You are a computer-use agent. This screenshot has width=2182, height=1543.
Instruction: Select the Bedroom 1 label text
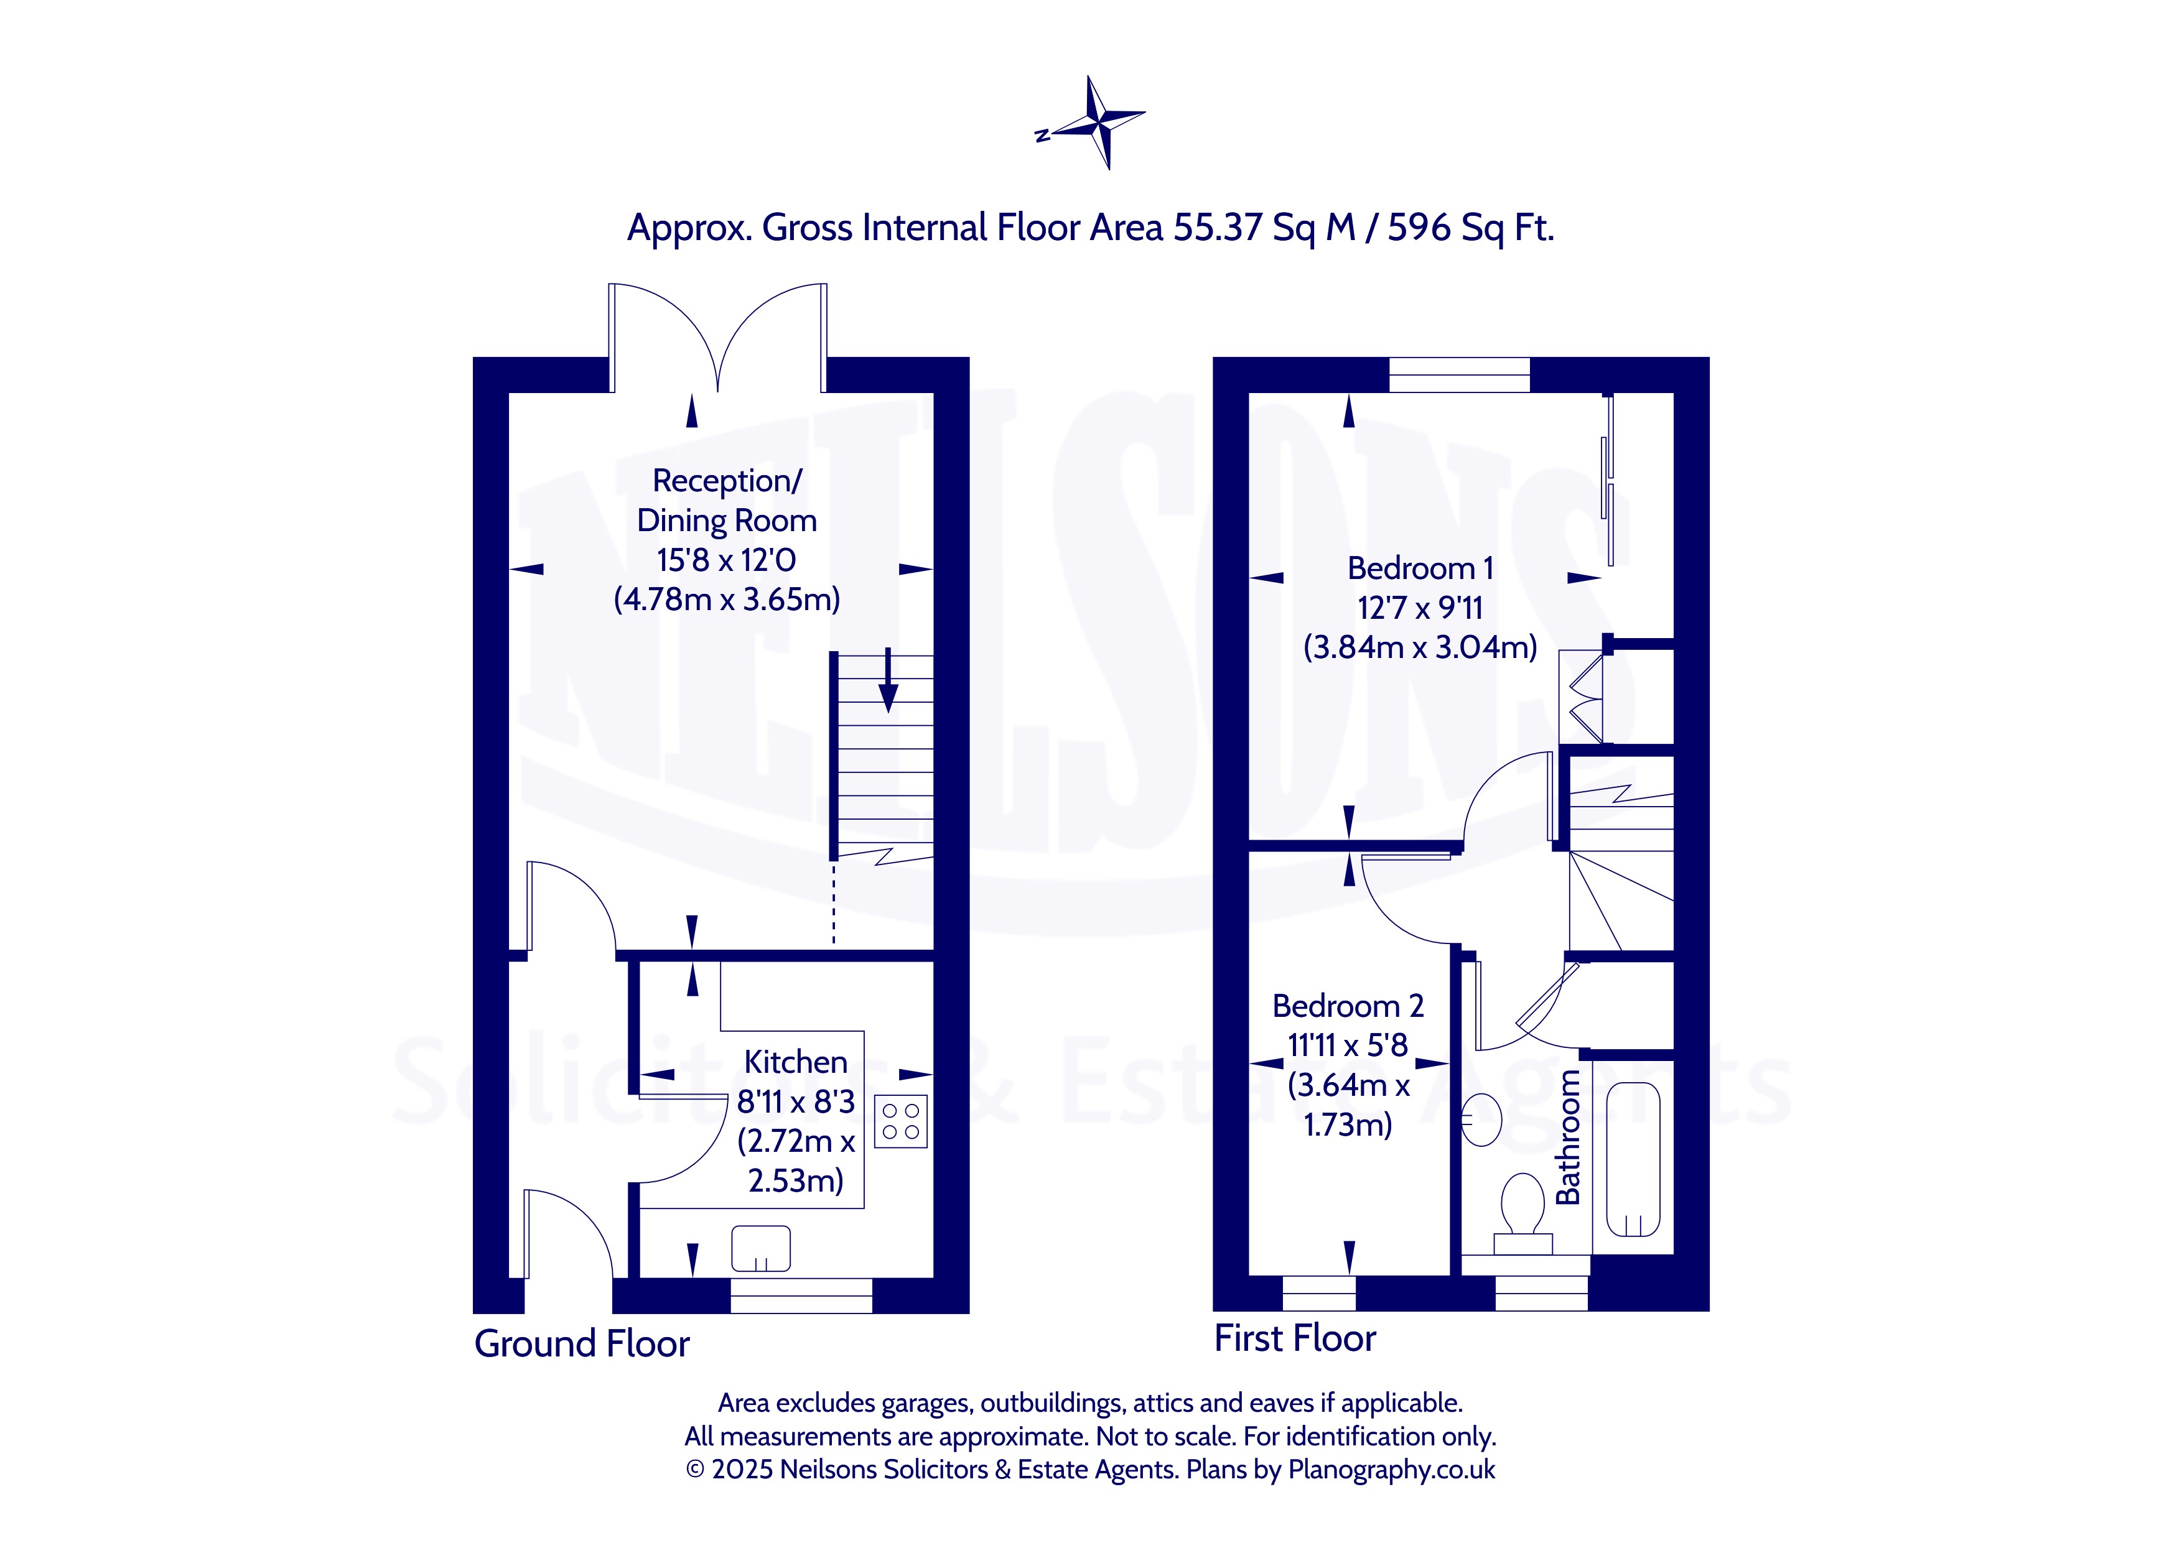point(1420,568)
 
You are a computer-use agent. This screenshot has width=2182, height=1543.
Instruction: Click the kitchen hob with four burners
point(900,1122)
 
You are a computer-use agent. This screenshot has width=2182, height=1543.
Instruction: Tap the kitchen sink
point(760,1248)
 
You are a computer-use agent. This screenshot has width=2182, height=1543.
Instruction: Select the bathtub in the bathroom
point(1633,1159)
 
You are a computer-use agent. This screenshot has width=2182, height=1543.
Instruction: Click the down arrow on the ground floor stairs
point(888,680)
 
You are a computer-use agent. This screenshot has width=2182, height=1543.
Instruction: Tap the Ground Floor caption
point(582,1343)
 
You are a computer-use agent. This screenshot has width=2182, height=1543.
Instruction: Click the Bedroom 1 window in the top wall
point(1460,374)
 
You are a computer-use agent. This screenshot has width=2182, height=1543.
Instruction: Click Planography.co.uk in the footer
point(1391,1470)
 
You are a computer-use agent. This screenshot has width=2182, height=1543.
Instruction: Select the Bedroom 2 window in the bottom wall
point(1319,1293)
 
